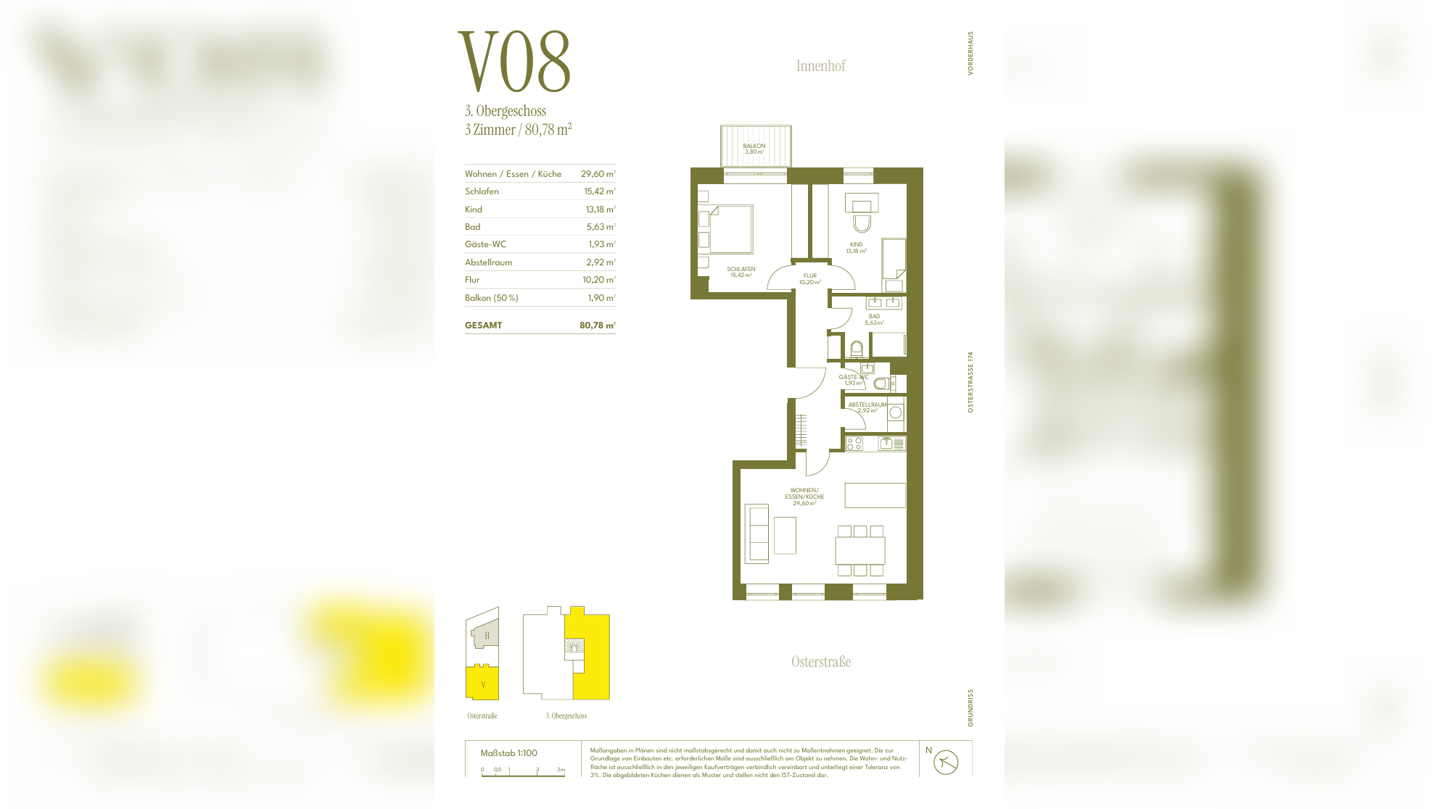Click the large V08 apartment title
tap(514, 63)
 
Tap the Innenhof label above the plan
tap(820, 66)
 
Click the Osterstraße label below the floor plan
tap(820, 662)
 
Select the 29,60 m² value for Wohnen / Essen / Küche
tap(598, 174)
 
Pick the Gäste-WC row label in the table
tap(485, 244)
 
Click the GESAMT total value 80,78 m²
tap(597, 325)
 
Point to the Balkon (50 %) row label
tap(491, 298)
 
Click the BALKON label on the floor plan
tap(754, 148)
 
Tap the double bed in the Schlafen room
tap(731, 229)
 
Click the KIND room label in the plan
tap(856, 247)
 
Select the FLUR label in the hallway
tap(809, 278)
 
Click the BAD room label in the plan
tap(874, 319)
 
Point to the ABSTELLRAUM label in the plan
tap(867, 407)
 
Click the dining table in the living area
tap(859, 550)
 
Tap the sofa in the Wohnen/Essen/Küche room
tap(756, 534)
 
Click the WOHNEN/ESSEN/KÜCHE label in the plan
tap(804, 497)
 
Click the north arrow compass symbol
tap(946, 762)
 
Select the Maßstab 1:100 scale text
tap(508, 753)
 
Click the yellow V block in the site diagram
tap(482, 683)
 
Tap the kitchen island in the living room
tap(875, 495)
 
